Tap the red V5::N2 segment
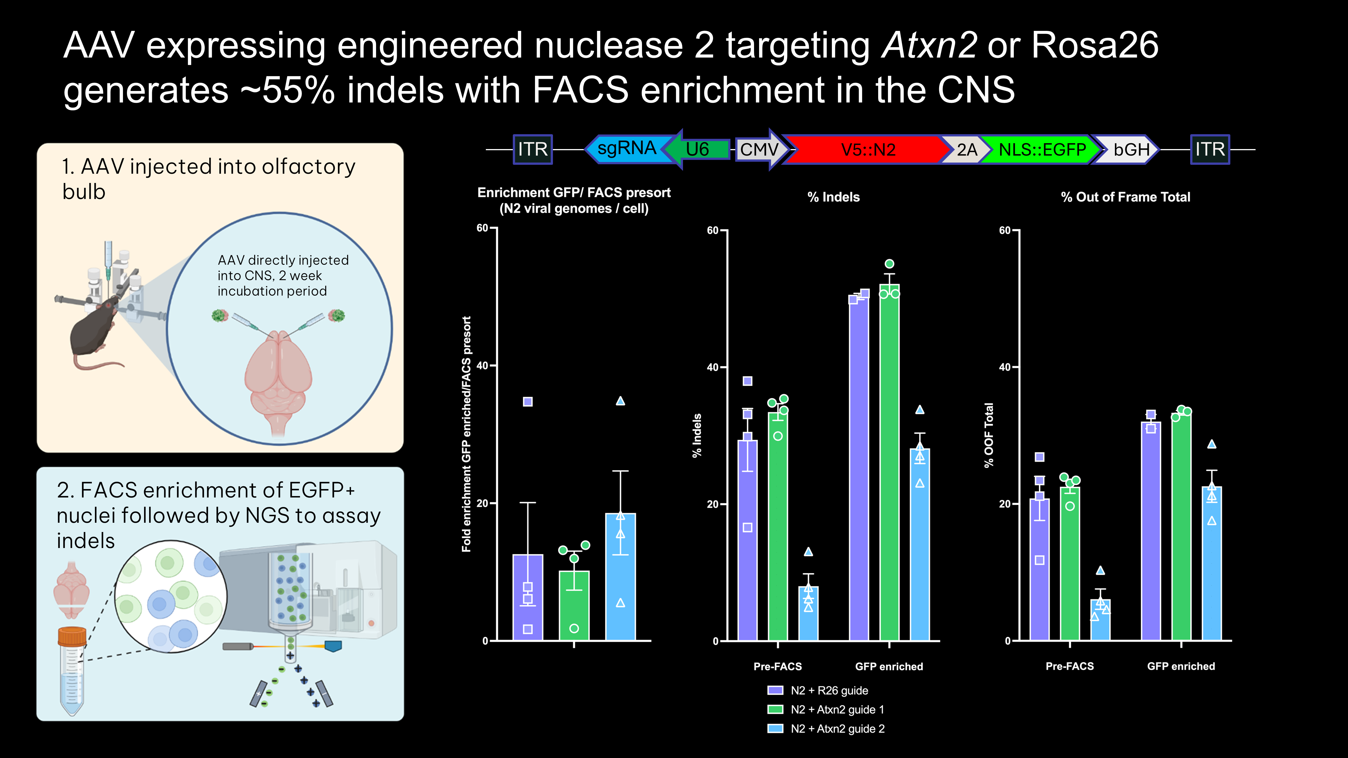(x=867, y=150)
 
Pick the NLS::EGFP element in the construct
(x=1041, y=150)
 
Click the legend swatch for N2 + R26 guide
(x=775, y=691)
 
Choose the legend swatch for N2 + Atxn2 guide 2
(x=775, y=729)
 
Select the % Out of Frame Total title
(x=1125, y=197)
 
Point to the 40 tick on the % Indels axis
(x=713, y=367)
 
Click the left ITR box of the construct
(x=533, y=150)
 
